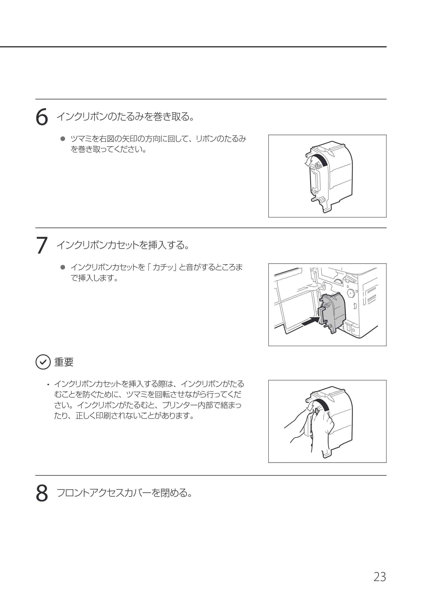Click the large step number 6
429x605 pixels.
pos(42,117)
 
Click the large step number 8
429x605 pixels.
pos(42,493)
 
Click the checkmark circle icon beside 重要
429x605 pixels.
pos(43,362)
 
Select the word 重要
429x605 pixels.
pos(64,362)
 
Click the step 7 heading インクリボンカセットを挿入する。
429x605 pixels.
pos(123,245)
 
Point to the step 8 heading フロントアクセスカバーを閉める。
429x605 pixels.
pos(124,493)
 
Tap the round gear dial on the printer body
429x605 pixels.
pos(350,293)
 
